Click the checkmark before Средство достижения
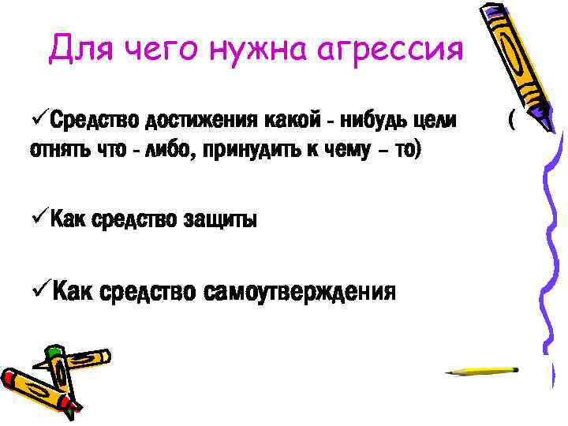click(38, 121)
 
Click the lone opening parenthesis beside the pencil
click(512, 121)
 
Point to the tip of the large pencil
click(550, 126)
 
